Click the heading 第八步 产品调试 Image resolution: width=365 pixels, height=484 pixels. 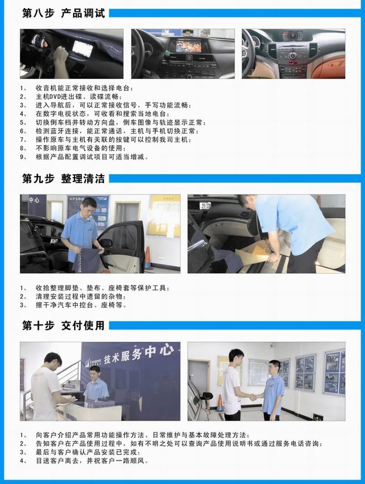coord(64,13)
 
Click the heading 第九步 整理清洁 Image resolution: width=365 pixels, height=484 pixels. coord(64,179)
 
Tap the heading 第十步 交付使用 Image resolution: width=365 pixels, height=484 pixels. coord(64,325)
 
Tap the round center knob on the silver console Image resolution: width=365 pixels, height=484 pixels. coord(292,56)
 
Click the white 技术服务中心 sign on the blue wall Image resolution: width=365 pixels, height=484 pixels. coord(139,355)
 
